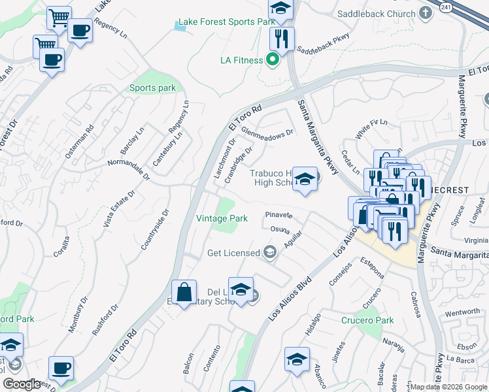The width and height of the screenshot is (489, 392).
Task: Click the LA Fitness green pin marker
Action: click(x=273, y=61)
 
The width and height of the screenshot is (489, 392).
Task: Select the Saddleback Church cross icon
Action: click(x=426, y=13)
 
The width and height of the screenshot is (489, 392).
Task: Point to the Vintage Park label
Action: click(x=222, y=218)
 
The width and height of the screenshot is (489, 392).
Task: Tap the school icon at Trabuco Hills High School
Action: click(x=305, y=179)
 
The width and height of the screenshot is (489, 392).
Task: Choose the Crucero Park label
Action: click(x=367, y=320)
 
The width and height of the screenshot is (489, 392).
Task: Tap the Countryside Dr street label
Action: click(x=155, y=229)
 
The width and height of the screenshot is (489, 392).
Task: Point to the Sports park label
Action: click(x=152, y=88)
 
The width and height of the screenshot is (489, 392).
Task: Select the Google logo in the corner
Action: click(x=22, y=384)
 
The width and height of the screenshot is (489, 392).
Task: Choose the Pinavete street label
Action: click(x=278, y=214)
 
